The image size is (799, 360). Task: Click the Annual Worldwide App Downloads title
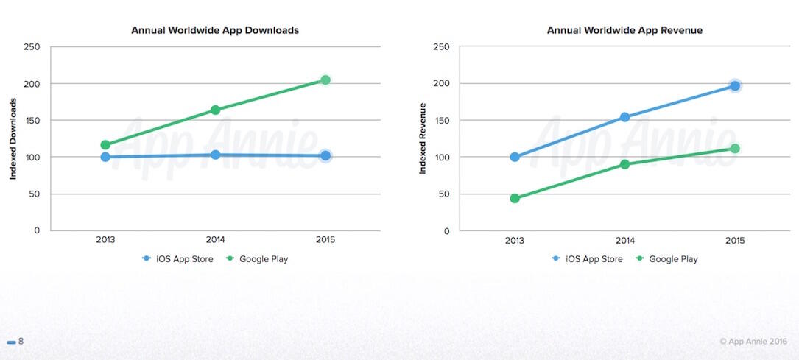pyautogui.click(x=215, y=30)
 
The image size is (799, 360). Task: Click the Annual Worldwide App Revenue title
pyautogui.click(x=624, y=30)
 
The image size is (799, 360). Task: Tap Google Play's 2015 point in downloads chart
pyautogui.click(x=325, y=80)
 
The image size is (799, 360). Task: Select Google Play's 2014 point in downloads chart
pyautogui.click(x=215, y=110)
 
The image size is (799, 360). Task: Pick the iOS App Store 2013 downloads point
pyautogui.click(x=105, y=157)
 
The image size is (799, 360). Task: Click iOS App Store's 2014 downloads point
pyautogui.click(x=215, y=155)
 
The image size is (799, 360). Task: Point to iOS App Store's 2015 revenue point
pyautogui.click(x=734, y=86)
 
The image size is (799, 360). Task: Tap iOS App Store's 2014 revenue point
pyautogui.click(x=624, y=117)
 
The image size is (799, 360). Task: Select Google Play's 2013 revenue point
pyautogui.click(x=515, y=198)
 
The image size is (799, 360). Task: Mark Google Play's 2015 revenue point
pyautogui.click(x=734, y=149)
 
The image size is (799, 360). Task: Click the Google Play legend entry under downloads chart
pyautogui.click(x=257, y=258)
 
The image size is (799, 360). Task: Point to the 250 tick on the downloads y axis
pyautogui.click(x=32, y=47)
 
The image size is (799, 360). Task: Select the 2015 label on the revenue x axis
pyautogui.click(x=734, y=241)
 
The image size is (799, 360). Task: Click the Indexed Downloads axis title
pyautogui.click(x=13, y=139)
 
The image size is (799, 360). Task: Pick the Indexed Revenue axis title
pyautogui.click(x=423, y=139)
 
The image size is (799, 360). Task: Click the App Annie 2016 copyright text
pyautogui.click(x=753, y=342)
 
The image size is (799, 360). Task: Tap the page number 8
pyautogui.click(x=21, y=342)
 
